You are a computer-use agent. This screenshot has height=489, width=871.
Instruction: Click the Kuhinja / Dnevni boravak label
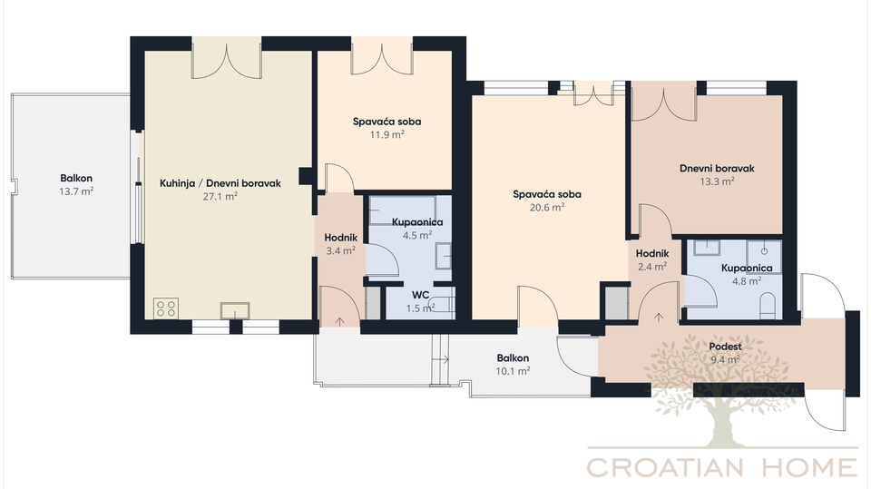click(220, 183)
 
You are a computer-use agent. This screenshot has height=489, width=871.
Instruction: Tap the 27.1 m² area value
click(220, 196)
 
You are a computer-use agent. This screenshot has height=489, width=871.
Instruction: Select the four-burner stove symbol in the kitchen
click(166, 308)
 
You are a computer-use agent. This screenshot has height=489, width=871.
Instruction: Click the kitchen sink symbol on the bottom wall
click(235, 310)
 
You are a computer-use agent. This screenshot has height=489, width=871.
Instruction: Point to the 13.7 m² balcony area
click(76, 191)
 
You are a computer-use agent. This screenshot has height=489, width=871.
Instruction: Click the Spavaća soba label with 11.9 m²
click(387, 122)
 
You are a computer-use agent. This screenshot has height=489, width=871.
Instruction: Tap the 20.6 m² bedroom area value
click(546, 207)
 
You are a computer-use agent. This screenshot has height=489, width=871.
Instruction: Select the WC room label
click(420, 295)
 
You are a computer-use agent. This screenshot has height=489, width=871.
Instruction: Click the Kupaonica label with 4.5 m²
click(417, 222)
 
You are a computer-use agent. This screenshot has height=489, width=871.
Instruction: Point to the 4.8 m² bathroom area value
click(747, 281)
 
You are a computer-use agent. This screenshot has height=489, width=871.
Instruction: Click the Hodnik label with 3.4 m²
click(340, 238)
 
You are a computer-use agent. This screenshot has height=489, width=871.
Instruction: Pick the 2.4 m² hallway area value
click(652, 267)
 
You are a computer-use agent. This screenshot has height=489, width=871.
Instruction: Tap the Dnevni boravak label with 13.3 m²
click(717, 169)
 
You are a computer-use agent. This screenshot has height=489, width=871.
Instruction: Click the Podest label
click(726, 347)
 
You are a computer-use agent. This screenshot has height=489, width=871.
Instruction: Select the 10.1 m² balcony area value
click(513, 371)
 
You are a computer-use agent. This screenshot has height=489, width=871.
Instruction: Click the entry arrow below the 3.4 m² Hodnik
click(339, 321)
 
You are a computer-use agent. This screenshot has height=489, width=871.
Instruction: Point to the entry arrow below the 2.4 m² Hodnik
click(659, 318)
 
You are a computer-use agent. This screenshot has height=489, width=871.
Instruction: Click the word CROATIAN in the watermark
click(665, 467)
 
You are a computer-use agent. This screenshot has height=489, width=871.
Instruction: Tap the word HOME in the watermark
click(809, 467)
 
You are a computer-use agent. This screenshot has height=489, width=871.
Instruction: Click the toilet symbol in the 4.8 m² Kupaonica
click(768, 307)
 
